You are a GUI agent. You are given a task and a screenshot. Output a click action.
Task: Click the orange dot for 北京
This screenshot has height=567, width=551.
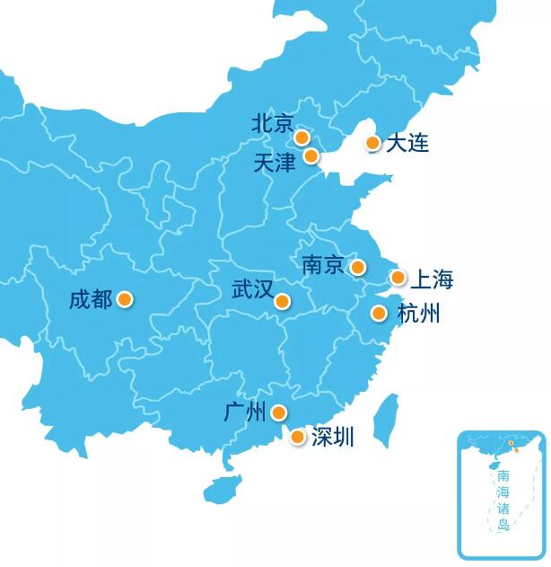point(302,137)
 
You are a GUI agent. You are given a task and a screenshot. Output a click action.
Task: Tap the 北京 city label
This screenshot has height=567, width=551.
point(273,123)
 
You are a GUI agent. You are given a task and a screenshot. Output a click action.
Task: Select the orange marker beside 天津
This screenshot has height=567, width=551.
point(311,156)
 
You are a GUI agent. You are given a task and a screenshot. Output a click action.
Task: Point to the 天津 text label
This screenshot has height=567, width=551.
point(275,163)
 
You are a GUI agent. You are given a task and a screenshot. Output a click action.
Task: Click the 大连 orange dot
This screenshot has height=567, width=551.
point(373,143)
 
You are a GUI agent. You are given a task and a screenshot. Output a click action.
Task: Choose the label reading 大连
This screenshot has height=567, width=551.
point(407,143)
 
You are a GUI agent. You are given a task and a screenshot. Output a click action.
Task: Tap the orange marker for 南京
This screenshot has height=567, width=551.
point(358,267)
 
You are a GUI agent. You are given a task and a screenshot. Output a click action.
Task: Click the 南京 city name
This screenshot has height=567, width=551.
point(323,265)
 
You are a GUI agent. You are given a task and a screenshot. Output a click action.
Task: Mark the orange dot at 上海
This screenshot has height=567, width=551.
point(398,278)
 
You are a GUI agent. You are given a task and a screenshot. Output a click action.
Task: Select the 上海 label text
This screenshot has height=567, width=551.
point(432,279)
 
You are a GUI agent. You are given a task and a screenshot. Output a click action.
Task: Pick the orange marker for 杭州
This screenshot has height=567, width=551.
point(379,314)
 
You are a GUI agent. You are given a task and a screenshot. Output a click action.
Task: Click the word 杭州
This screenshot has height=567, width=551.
point(418,314)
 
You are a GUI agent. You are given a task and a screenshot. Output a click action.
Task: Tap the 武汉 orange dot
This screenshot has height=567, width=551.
point(283,301)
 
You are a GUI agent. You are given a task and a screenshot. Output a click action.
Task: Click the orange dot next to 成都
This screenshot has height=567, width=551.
point(125,299)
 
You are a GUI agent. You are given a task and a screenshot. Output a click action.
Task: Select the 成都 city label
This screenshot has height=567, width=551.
point(91,299)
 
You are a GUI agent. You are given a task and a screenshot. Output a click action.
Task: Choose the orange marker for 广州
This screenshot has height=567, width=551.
point(279,412)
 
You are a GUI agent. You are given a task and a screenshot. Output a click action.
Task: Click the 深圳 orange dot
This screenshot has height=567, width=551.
point(298,437)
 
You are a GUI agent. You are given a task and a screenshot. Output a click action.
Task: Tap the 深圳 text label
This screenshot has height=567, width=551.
point(333,438)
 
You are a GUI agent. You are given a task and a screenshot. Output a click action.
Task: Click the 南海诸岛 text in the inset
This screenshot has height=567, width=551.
point(503,500)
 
